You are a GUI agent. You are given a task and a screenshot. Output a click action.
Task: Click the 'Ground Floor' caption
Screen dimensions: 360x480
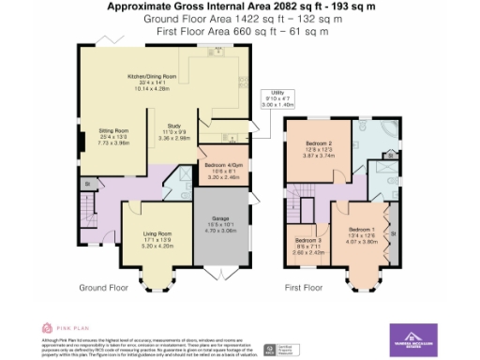click(102, 287)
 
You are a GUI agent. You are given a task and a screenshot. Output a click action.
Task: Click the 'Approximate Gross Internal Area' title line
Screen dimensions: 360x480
click(240, 7)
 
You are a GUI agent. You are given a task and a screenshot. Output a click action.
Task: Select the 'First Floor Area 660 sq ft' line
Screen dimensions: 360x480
click(240, 31)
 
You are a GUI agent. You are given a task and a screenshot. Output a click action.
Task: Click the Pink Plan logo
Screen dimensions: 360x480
click(57, 328)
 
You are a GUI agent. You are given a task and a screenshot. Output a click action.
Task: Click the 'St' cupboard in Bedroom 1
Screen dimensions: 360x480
click(393, 234)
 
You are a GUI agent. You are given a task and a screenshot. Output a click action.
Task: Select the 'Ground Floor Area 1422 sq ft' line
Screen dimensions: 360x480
click(240, 19)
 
